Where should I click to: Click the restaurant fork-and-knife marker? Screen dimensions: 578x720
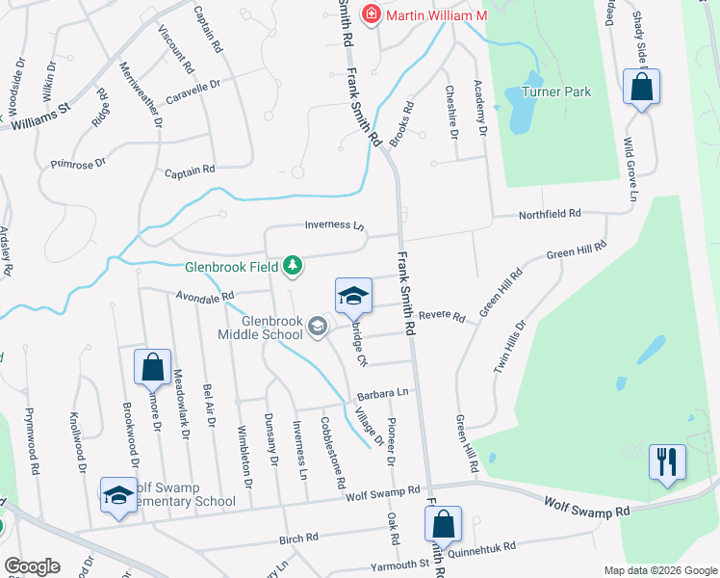pyautogui.click(x=666, y=460)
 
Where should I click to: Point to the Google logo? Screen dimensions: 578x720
pyautogui.click(x=32, y=566)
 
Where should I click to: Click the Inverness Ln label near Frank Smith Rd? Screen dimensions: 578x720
pyautogui.click(x=334, y=225)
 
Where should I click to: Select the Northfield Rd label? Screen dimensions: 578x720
pyautogui.click(x=550, y=213)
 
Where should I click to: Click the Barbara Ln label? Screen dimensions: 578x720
pyautogui.click(x=383, y=393)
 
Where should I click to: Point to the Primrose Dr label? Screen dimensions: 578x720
pyautogui.click(x=79, y=165)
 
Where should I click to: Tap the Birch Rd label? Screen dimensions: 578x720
pyautogui.click(x=298, y=539)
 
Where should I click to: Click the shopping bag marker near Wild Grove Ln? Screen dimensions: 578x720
pyautogui.click(x=641, y=87)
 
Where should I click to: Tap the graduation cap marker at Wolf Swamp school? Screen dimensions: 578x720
pyautogui.click(x=118, y=495)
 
